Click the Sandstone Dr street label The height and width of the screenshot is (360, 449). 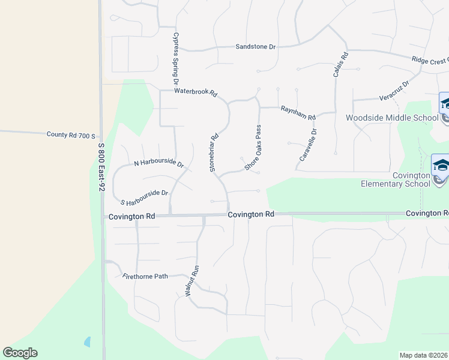point(255,46)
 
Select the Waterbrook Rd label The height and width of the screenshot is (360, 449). point(195,92)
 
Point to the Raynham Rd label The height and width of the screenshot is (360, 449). point(298,112)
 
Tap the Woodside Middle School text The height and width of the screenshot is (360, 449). point(392,118)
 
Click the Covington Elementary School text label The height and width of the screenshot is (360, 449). point(396,179)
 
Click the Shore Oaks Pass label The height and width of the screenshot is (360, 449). point(253,148)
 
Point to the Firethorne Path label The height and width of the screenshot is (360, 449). point(145,277)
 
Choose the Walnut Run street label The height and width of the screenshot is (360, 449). point(191,281)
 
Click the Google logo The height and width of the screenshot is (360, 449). point(20,353)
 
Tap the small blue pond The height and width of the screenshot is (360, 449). point(88,342)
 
